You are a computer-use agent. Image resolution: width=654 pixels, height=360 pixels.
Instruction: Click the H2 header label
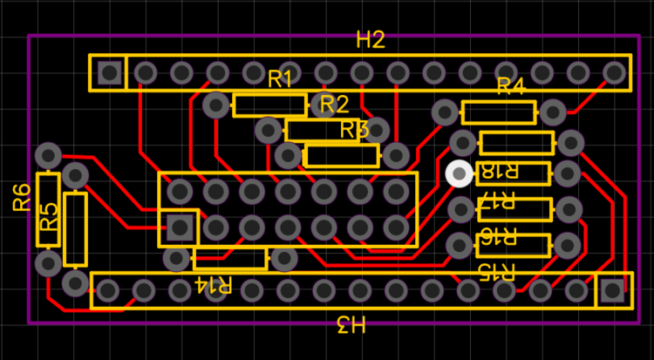[x=371, y=40]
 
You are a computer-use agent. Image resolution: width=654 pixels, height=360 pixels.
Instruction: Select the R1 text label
[x=280, y=79]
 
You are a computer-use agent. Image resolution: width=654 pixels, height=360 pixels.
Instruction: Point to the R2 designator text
[x=334, y=105]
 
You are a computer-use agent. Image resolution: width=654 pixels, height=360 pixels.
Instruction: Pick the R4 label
[x=511, y=86]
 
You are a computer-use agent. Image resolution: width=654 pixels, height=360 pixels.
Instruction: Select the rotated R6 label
[x=22, y=198]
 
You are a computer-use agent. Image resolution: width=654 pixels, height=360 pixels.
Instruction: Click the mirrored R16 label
[x=496, y=237]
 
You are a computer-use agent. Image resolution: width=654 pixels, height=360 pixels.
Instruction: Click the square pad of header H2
[x=110, y=73]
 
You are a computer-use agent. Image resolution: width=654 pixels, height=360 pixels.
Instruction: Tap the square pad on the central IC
[x=181, y=228]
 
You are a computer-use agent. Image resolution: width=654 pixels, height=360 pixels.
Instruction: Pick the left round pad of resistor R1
[x=215, y=106]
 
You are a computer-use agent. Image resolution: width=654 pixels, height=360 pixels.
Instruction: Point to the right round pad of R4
[x=553, y=112]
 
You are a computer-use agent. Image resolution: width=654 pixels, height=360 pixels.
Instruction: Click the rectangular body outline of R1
[x=270, y=106]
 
